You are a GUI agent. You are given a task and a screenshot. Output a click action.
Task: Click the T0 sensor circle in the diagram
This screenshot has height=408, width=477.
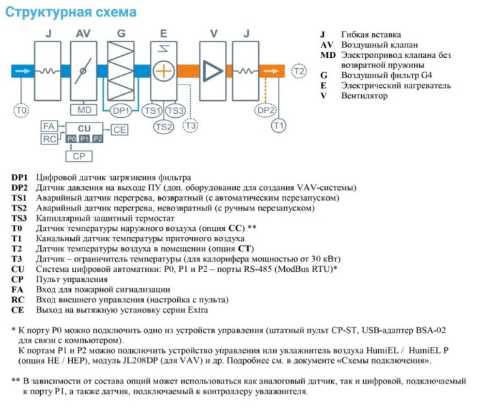(22, 110)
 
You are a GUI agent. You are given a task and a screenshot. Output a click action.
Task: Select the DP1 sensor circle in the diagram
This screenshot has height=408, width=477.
(121, 110)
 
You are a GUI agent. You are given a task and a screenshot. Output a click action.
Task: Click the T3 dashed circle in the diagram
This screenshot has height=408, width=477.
(191, 126)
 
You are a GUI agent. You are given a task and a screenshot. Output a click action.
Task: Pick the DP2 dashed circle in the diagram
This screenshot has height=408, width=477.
(265, 110)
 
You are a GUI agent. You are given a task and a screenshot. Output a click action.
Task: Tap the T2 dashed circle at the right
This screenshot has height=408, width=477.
(298, 71)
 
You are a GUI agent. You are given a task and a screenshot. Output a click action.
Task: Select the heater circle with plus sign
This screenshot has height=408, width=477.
(164, 71)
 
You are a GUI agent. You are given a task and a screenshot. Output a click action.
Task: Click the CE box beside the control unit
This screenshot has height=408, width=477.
(119, 129)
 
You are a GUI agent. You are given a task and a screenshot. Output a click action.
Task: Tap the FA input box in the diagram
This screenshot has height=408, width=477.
(48, 127)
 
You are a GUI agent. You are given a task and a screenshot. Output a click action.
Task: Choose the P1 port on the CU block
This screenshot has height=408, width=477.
(84, 139)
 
